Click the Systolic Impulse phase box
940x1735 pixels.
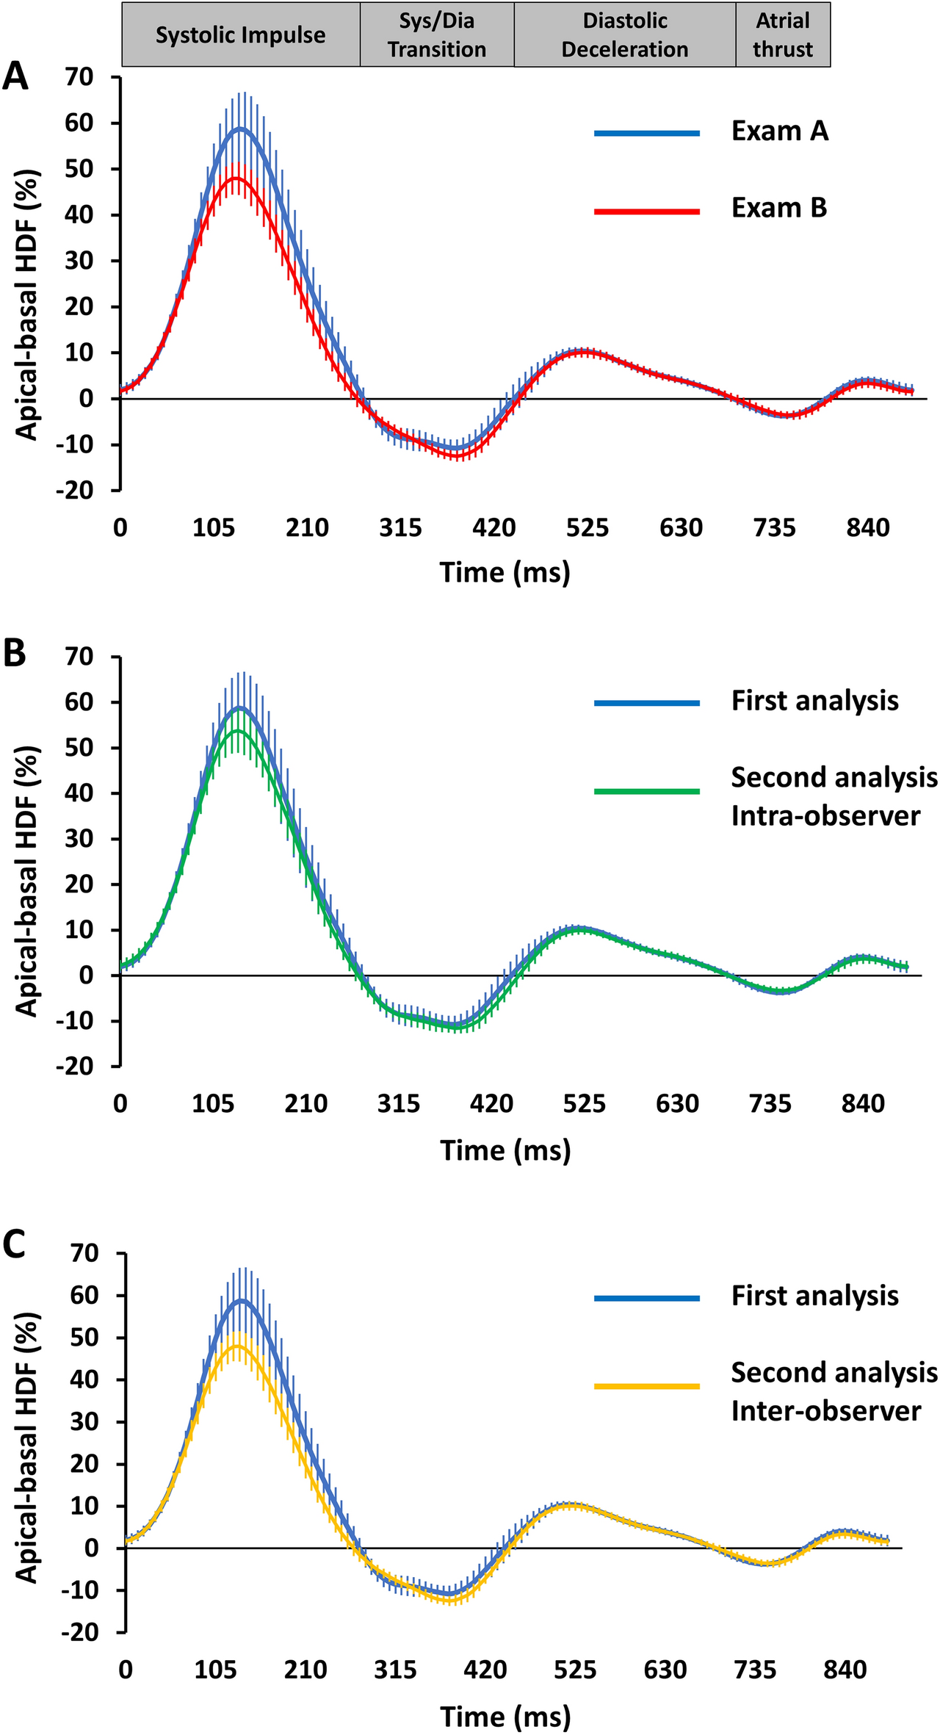coord(240,35)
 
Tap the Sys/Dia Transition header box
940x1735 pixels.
coord(437,35)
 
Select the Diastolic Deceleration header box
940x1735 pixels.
coord(625,35)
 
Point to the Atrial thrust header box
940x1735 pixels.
coord(783,35)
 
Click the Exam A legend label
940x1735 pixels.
coord(779,131)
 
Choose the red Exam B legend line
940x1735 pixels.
coord(646,211)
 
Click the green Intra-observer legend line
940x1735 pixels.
coord(646,791)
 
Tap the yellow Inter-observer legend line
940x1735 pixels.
coord(646,1386)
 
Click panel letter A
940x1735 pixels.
coord(15,76)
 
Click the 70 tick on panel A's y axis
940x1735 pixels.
coord(82,76)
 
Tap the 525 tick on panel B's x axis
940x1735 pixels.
coord(585,1104)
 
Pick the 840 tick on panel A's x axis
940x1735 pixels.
coord(868,527)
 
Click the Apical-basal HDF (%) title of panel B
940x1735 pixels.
coord(27,881)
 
